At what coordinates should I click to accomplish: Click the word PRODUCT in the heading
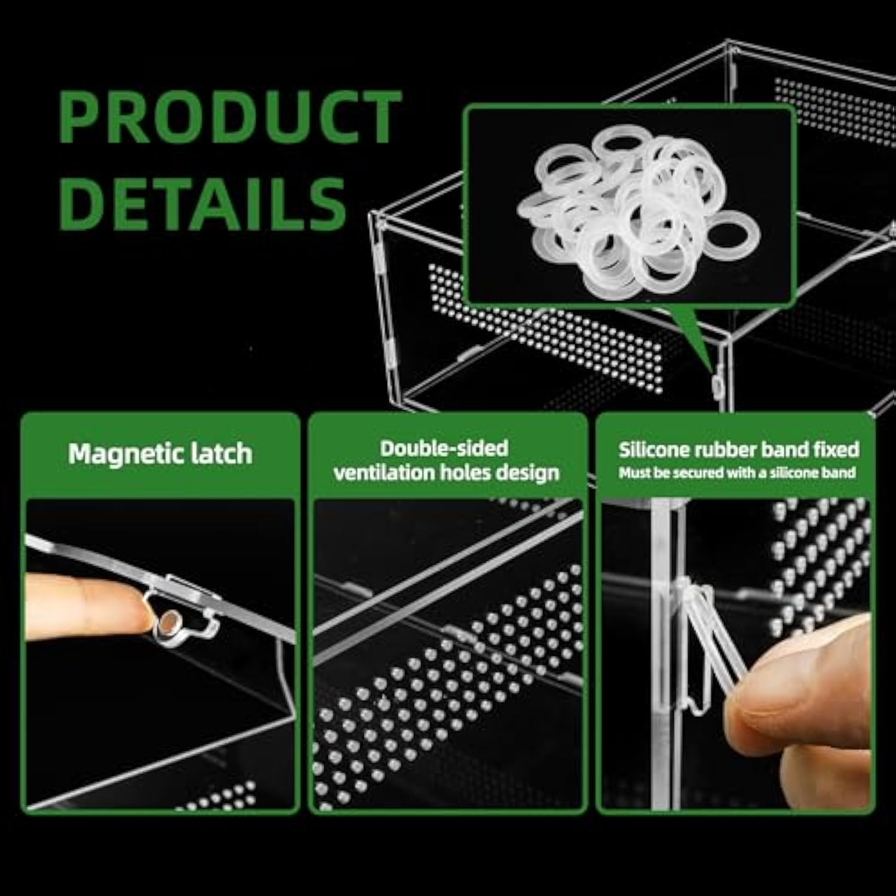(x=230, y=116)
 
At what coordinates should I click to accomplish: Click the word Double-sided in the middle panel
(x=444, y=448)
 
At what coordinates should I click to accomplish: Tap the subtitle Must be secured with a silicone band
(x=737, y=473)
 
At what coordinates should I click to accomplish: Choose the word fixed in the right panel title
(x=837, y=449)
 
